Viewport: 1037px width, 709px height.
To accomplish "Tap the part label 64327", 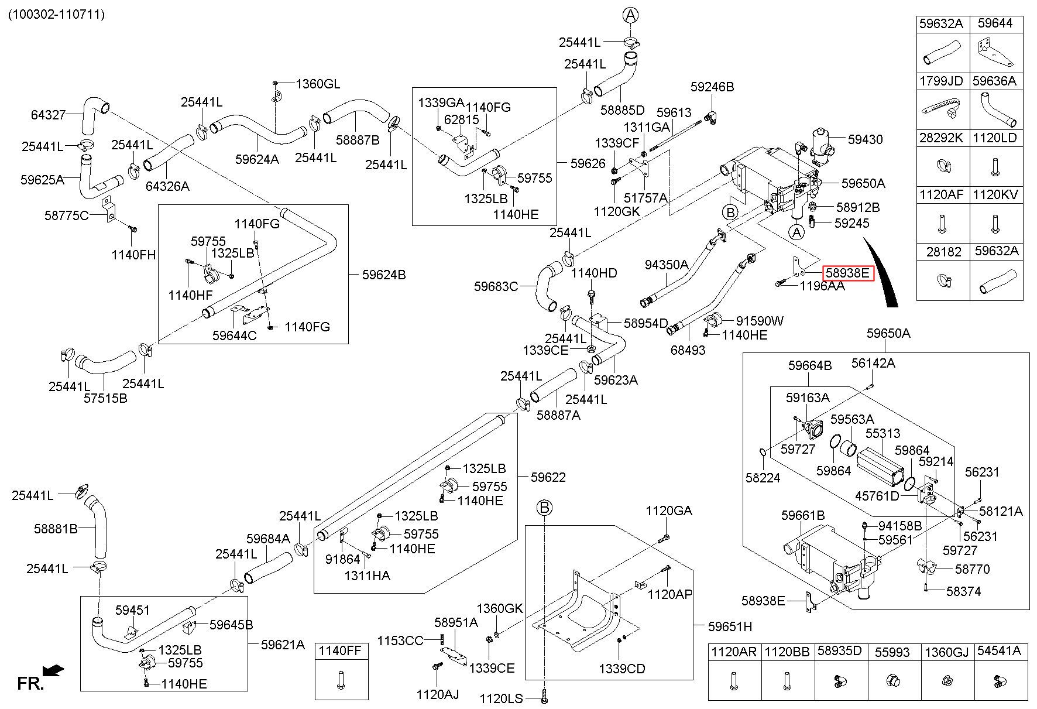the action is (49, 115).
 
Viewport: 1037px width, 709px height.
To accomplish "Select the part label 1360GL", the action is (318, 84).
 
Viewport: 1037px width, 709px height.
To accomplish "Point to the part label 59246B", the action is (712, 87).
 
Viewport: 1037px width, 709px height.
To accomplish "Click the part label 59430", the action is (866, 139).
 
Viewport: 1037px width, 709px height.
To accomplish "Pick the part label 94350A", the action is (667, 265).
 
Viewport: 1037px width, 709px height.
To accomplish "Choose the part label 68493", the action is (688, 350).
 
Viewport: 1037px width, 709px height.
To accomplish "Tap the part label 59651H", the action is (730, 626).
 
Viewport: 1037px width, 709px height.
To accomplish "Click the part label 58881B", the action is (56, 529).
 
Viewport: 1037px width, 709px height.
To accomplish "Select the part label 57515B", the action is (105, 398).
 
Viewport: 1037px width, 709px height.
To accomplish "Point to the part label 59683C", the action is (496, 286).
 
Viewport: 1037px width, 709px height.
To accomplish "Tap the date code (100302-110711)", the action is (56, 15).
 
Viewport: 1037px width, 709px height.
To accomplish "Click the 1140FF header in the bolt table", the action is (342, 651).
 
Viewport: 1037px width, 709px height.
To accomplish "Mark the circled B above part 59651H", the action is (545, 508).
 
